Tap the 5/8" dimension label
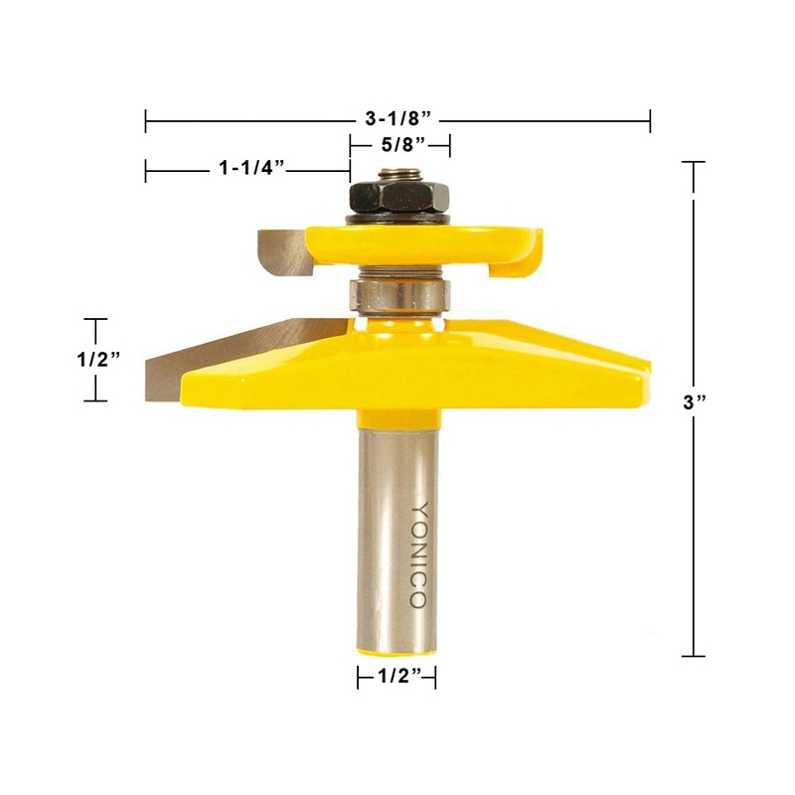pos(399,145)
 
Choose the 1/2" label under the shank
pos(397,678)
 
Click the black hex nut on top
pos(399,193)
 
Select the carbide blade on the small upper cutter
pos(281,250)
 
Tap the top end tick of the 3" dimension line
pos(693,162)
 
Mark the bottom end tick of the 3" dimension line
pos(693,656)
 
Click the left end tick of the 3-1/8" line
pos(146,120)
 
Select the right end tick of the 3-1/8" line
pos(650,120)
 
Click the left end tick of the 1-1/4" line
pos(146,170)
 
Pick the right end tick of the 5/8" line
pos(450,145)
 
